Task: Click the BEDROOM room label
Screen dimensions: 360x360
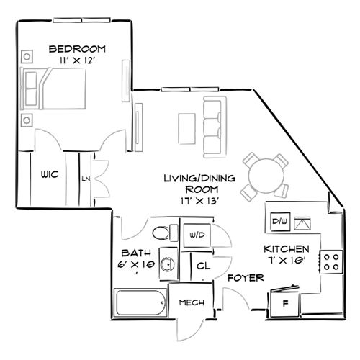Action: (x=77, y=49)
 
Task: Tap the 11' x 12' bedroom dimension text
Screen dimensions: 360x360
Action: (x=77, y=61)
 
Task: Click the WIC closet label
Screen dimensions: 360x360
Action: (x=49, y=174)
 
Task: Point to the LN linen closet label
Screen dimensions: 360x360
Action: (x=86, y=178)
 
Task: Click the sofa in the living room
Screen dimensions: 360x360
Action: (x=212, y=126)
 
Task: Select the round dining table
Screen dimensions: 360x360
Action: (x=263, y=174)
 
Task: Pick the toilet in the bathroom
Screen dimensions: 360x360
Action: (x=163, y=233)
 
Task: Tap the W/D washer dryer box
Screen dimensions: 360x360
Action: (x=197, y=235)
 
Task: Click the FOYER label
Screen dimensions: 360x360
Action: (x=245, y=277)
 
